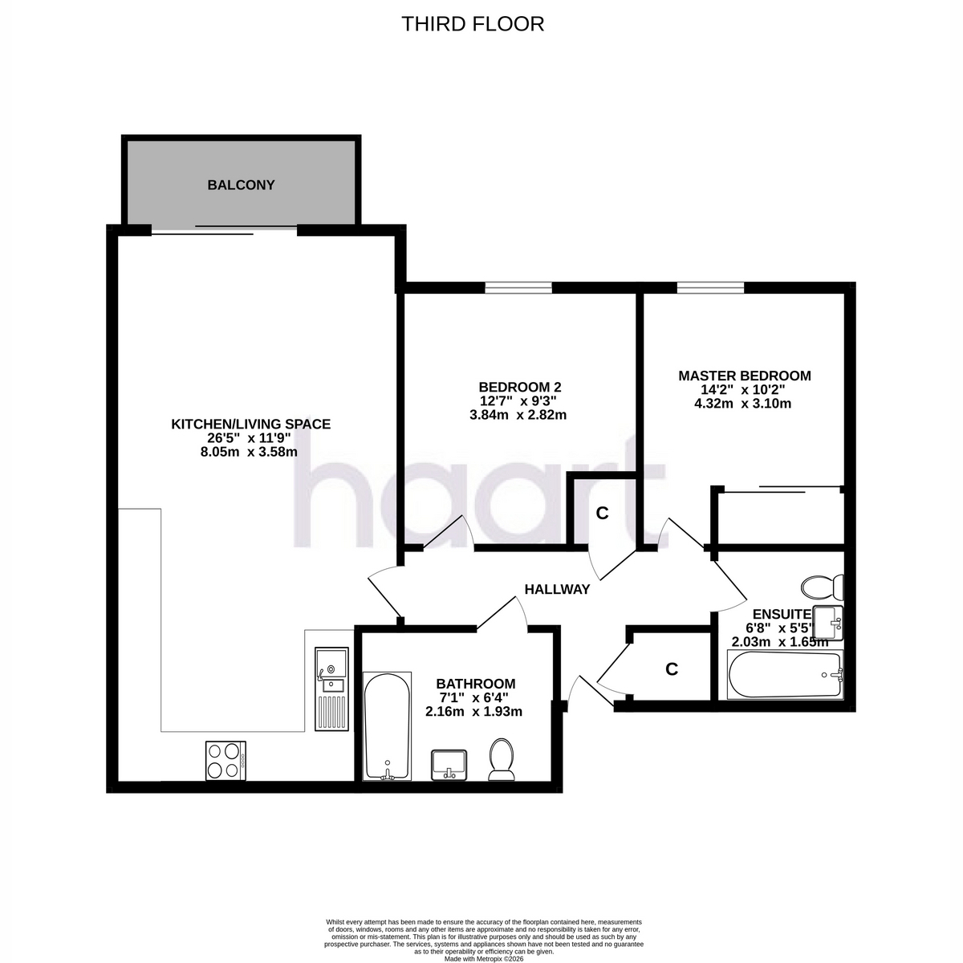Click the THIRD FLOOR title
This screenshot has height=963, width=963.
[472, 24]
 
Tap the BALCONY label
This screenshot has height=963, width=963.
[241, 185]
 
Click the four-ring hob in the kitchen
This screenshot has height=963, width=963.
[226, 761]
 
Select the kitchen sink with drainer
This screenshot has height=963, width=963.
[331, 689]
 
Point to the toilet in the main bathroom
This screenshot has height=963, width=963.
[502, 760]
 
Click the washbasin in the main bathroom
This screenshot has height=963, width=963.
[449, 765]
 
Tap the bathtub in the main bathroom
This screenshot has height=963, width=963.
[388, 726]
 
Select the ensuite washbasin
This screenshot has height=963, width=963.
[828, 624]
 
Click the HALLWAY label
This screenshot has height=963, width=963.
[557, 590]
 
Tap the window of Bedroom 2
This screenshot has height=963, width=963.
[518, 287]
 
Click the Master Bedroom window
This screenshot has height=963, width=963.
[710, 287]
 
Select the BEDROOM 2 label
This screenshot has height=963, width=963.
[520, 387]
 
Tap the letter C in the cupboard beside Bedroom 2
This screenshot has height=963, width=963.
[602, 514]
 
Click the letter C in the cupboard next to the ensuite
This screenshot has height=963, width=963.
[672, 668]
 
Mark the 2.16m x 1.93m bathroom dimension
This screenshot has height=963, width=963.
[473, 712]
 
